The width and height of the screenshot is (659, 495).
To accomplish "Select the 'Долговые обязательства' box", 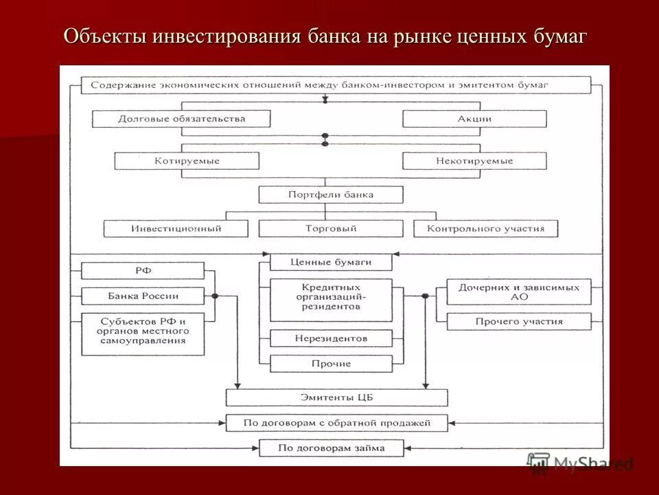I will coord(181,119).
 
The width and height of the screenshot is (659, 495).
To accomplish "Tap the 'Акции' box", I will coord(474,119).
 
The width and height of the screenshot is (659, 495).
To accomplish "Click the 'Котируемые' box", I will coord(187,161).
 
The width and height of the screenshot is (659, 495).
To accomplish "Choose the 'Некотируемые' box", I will coord(474,161).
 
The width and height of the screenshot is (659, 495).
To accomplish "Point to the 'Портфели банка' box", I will coord(331,195).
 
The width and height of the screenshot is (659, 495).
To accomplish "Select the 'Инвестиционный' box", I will coord(176,228).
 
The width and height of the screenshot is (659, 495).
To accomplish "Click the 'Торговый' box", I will coord(331,228).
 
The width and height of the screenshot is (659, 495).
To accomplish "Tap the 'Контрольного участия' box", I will coord(485,228).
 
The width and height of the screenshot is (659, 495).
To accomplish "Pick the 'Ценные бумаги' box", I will coord(331,262).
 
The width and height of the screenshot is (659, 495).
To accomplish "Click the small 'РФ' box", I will coord(143,271).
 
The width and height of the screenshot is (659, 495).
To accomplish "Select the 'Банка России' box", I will coord(143,296).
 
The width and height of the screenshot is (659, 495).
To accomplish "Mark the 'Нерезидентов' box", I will coord(331,338).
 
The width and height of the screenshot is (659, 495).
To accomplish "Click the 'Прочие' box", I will coord(331,364).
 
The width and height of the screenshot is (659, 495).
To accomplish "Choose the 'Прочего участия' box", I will coord(519,321).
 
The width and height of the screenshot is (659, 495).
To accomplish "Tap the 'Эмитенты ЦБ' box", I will coord(336,397).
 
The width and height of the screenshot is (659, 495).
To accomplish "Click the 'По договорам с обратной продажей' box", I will coord(336,423).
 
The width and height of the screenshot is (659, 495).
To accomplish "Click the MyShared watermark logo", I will coord(580,464).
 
